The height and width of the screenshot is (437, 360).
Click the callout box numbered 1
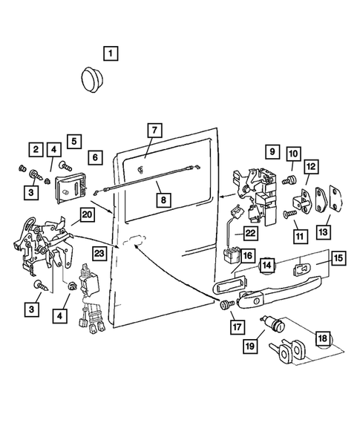pos(111,53)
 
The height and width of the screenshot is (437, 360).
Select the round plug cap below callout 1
pos(92,79)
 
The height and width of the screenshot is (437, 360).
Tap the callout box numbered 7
pos(155,130)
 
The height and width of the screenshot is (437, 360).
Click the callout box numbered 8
pos(163,200)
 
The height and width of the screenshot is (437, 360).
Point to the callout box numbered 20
pos(87,215)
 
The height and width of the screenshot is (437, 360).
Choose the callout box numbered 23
pos(99,254)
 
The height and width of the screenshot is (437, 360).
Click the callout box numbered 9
pos(272,151)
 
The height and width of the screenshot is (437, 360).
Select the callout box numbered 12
pos(311,166)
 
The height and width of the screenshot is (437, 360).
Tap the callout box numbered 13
pos(324,232)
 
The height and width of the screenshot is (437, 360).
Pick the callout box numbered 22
pos(250,233)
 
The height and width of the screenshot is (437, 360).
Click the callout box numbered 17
pos(238,326)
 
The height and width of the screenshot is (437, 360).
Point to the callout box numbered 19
pos(250,346)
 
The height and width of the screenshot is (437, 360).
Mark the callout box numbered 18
pos(323,338)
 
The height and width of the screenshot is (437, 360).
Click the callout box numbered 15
pos(338,257)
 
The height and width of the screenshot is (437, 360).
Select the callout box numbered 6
pos(95,157)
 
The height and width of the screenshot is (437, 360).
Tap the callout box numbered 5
pos(74,141)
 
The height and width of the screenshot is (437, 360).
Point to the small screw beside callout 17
pos(226,304)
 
